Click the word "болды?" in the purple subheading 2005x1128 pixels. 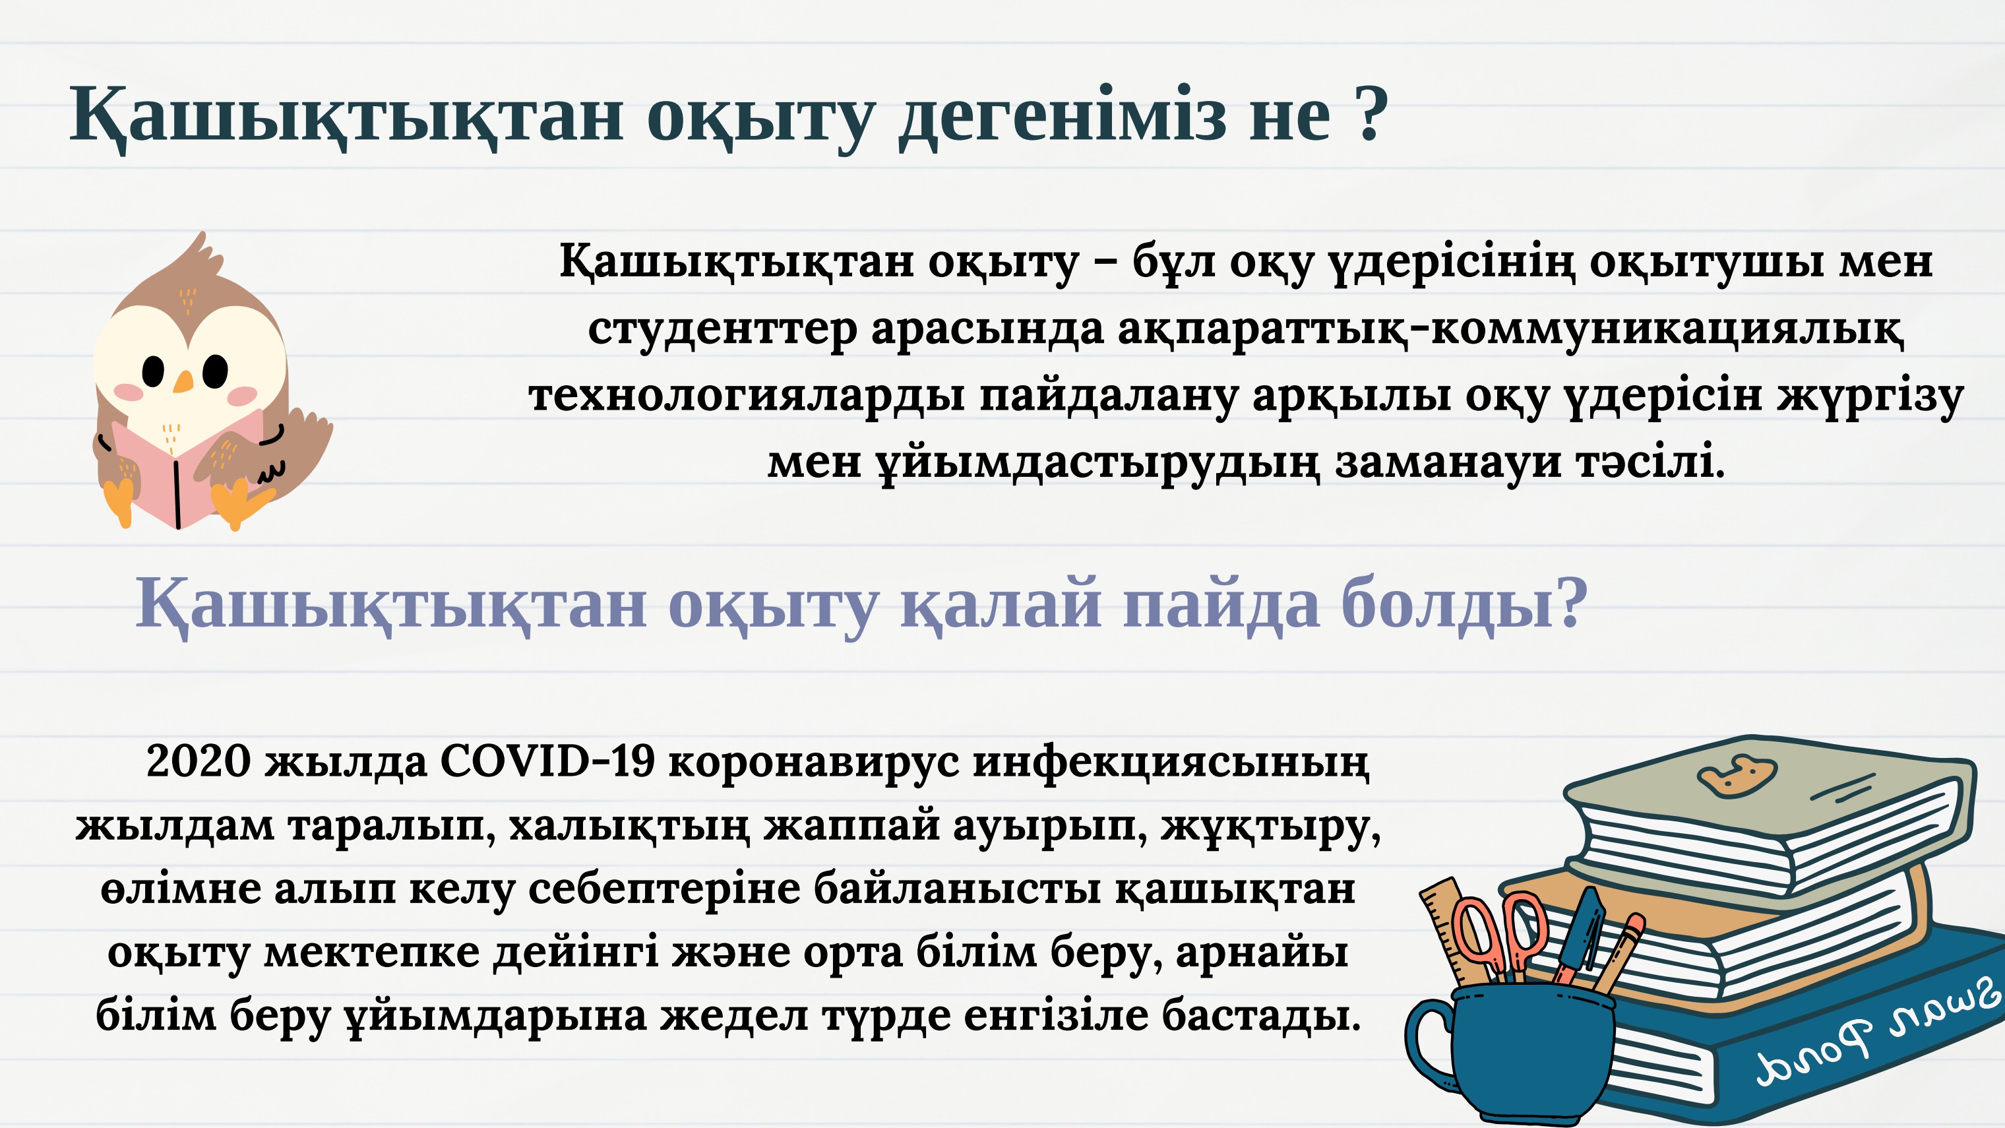(x=1464, y=604)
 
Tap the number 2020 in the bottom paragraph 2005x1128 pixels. (x=199, y=761)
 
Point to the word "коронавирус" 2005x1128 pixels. (x=813, y=761)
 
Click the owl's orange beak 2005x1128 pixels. (x=183, y=381)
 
